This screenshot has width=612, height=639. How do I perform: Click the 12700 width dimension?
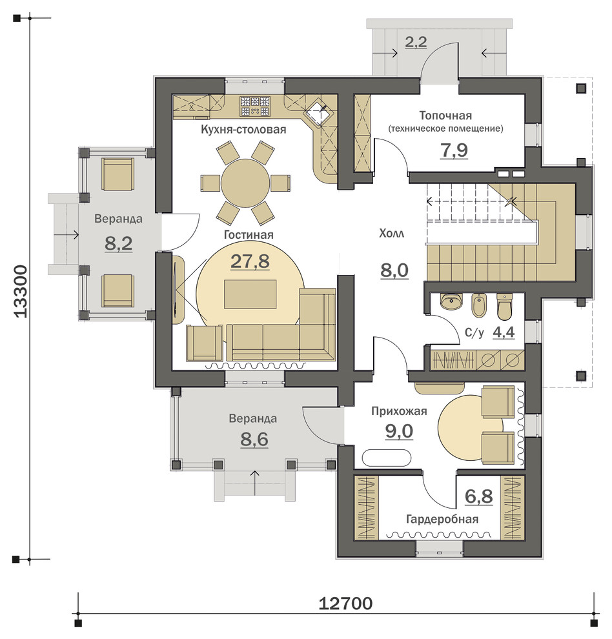(345, 603)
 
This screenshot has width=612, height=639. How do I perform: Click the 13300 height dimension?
(20, 291)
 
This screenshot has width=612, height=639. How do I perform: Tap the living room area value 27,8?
(250, 261)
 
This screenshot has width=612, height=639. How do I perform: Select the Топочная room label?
(445, 116)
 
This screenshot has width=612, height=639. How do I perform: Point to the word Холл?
(391, 234)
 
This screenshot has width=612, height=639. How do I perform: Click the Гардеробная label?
(442, 519)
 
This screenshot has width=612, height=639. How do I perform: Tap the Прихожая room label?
(399, 411)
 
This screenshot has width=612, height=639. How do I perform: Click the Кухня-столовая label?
(243, 130)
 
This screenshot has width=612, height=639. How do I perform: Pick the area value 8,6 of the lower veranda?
(254, 440)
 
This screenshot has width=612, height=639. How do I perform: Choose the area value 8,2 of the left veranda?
(119, 244)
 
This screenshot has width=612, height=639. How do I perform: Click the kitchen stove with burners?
(255, 106)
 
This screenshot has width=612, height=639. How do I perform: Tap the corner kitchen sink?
(320, 111)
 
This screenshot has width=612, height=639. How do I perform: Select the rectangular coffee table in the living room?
(250, 294)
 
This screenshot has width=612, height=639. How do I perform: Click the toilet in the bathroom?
(504, 307)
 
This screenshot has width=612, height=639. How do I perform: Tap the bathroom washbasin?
(451, 301)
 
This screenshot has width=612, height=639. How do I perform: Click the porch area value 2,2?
(416, 41)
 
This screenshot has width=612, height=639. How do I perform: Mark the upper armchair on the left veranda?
(118, 174)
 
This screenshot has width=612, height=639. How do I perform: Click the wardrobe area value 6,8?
(478, 496)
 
